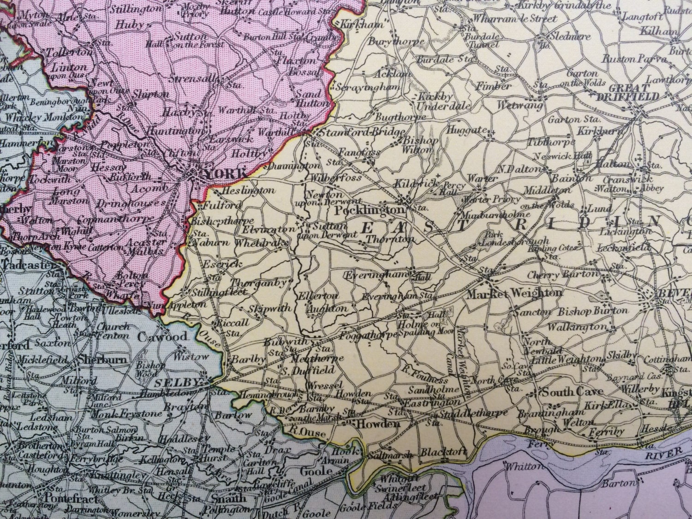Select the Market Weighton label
pyautogui.click(x=514, y=293)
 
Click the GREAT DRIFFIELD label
pyautogui.click(x=627, y=92)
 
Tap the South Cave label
pyautogui.click(x=572, y=393)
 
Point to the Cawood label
pyautogui.click(x=163, y=336)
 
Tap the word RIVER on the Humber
pyautogui.click(x=663, y=453)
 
